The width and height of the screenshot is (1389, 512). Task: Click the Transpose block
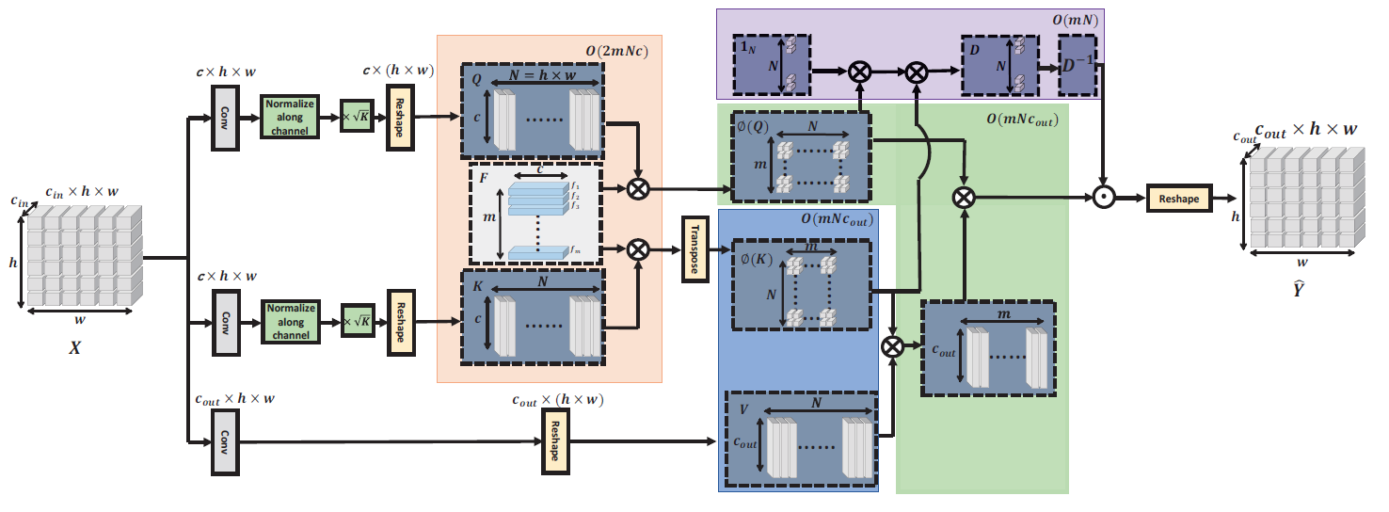coord(695,249)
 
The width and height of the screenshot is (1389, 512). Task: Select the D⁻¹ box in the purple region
coord(1077,66)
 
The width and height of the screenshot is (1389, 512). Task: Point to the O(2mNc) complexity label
coord(617,50)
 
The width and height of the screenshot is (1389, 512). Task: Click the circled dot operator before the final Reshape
coord(1105,199)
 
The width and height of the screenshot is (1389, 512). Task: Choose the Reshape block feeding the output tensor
coord(1178,199)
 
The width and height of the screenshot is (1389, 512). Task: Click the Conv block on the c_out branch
coord(225,441)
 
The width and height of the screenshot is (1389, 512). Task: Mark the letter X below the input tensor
coord(74,347)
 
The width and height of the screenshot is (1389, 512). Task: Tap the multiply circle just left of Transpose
coord(638,249)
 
